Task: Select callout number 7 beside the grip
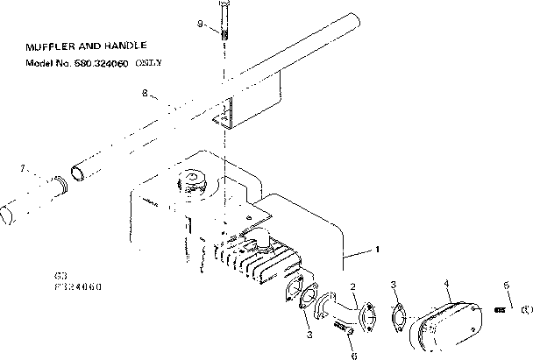[x=24, y=166]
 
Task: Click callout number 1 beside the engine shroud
[x=377, y=250]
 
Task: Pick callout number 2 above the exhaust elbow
[x=352, y=287]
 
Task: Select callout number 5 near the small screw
[x=506, y=286]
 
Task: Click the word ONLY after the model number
[x=150, y=63]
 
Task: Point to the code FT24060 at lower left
[x=75, y=286]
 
